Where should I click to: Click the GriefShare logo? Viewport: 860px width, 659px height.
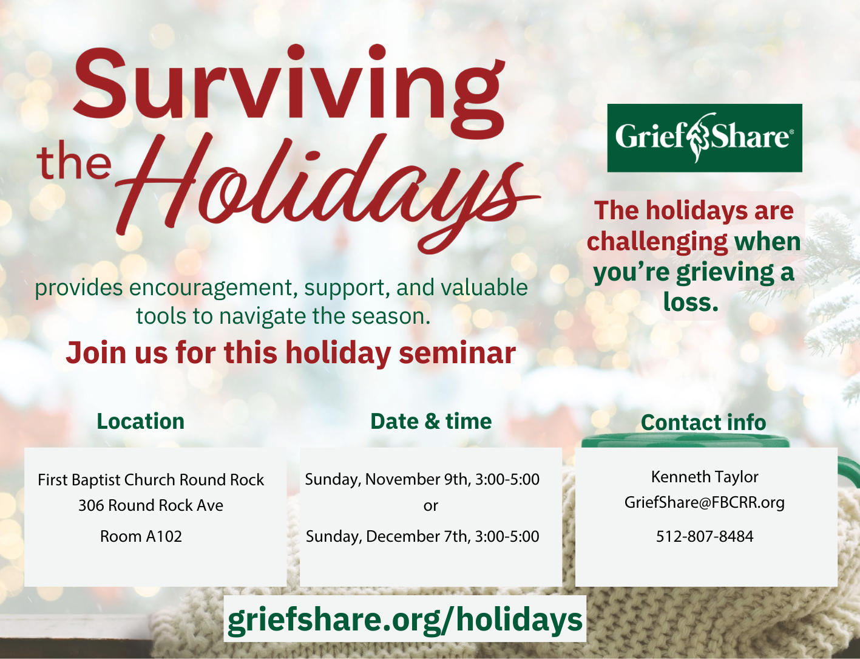[x=705, y=138]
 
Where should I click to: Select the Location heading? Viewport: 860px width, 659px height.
[x=140, y=421]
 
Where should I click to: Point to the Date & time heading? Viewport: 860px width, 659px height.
[x=431, y=421]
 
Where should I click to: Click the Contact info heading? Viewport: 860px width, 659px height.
[x=703, y=422]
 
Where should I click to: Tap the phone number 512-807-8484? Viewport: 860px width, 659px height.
[x=705, y=536]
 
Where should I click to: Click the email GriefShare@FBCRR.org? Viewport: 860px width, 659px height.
[x=705, y=502]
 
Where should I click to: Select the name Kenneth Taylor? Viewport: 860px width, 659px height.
[x=705, y=477]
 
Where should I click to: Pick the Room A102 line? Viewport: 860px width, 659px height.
[x=141, y=536]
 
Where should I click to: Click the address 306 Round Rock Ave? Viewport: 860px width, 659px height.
[x=151, y=505]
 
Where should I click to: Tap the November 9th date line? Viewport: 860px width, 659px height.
[x=422, y=480]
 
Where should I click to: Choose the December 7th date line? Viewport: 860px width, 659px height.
[x=422, y=537]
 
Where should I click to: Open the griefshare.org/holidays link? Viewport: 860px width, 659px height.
[x=405, y=620]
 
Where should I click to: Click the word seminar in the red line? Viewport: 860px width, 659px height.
[x=457, y=352]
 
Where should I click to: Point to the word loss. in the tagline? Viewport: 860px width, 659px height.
[x=691, y=302]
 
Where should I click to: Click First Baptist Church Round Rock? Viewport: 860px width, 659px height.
[x=151, y=480]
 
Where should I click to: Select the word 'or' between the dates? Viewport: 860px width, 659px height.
[x=430, y=506]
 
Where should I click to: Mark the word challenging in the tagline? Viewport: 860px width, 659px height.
[x=657, y=242]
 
